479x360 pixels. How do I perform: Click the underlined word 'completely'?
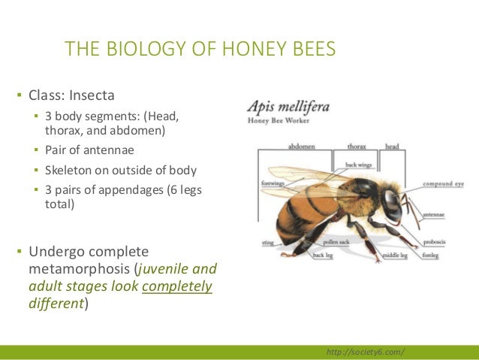pos(176,286)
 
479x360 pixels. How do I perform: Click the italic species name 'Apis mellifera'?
pos(288,107)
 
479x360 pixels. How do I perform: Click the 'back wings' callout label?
pos(360,164)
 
